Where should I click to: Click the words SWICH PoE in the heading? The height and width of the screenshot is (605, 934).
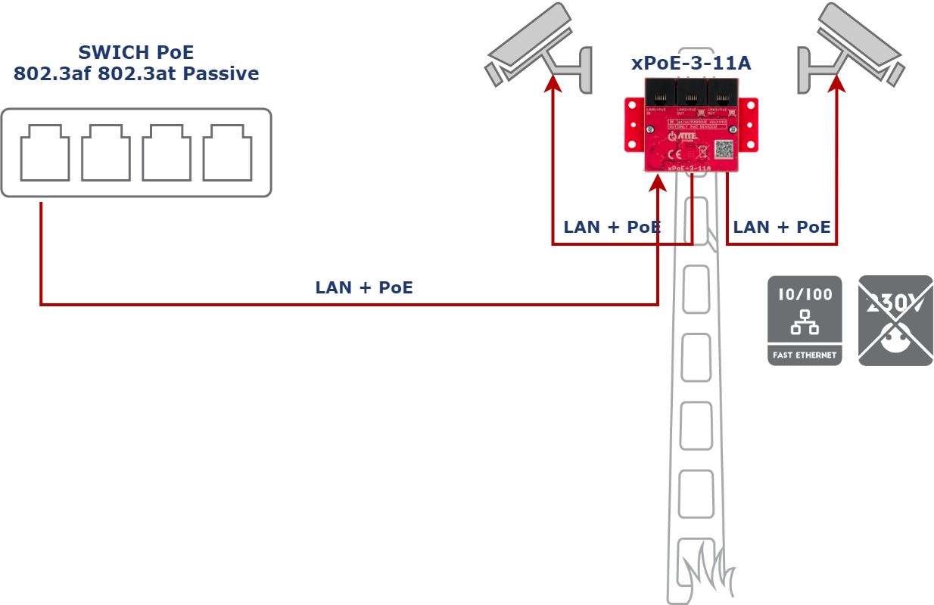coord(136,53)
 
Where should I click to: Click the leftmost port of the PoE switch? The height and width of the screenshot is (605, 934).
coord(45,153)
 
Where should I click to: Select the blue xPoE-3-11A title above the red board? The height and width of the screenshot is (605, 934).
coord(691,63)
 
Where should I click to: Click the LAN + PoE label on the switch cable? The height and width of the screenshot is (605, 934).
coord(364,287)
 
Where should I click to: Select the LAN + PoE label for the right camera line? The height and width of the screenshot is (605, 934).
coord(782,227)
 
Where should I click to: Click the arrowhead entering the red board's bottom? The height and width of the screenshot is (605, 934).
coord(658,183)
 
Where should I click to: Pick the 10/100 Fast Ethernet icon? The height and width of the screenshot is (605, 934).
coord(805,321)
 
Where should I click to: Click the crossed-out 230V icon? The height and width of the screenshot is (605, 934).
coord(895,321)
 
